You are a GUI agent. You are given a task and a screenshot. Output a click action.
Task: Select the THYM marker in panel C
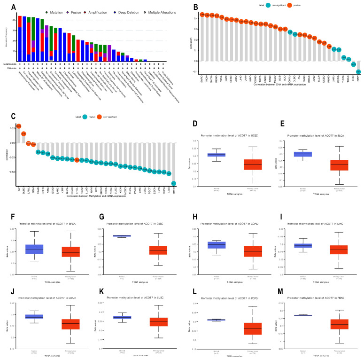(174, 183)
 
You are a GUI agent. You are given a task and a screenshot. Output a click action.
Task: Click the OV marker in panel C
(19, 126)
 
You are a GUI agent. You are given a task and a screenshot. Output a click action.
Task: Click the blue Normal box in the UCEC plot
(217, 155)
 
